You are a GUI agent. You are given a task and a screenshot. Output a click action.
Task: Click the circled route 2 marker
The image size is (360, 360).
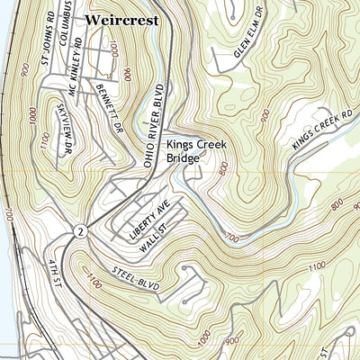[x=80, y=230]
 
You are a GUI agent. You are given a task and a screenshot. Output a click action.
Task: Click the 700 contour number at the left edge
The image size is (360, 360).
[x=9, y=216]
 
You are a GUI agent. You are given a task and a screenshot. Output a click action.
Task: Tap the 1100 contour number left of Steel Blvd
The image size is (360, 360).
[x=94, y=284]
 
